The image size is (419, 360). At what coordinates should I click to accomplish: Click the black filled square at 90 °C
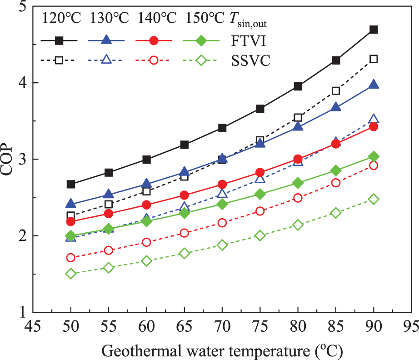coord(374,30)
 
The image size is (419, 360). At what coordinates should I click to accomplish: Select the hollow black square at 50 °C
coord(71,215)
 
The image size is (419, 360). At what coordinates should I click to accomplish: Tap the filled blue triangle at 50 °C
coord(71,203)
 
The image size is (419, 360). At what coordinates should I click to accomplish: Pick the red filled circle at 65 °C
coord(185,195)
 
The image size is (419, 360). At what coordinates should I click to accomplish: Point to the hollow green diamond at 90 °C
coord(374,199)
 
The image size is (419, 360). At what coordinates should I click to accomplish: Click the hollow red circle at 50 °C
coord(71,258)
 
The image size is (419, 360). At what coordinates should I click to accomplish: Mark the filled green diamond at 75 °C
coord(260,194)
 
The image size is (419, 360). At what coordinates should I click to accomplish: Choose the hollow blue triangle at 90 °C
coord(374,119)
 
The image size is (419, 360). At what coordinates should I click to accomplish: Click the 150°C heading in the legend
coord(205,19)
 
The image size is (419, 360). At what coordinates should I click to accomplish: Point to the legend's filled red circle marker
coord(154,40)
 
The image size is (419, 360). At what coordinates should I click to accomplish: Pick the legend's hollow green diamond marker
coord(202,60)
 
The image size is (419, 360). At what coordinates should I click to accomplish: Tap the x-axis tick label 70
coord(222,327)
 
